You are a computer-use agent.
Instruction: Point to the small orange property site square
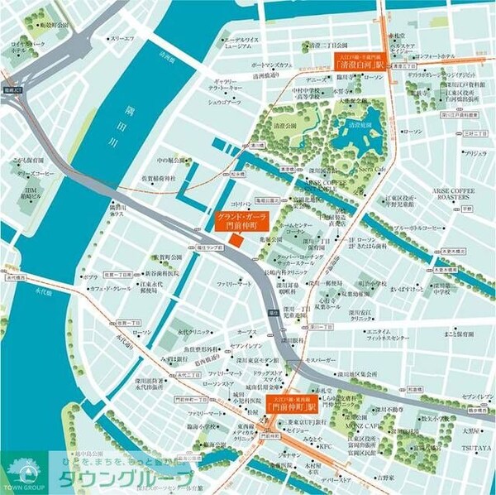click(x=235, y=240)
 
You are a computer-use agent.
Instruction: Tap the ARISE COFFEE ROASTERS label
click(x=455, y=195)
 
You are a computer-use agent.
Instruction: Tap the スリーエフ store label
click(x=122, y=38)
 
